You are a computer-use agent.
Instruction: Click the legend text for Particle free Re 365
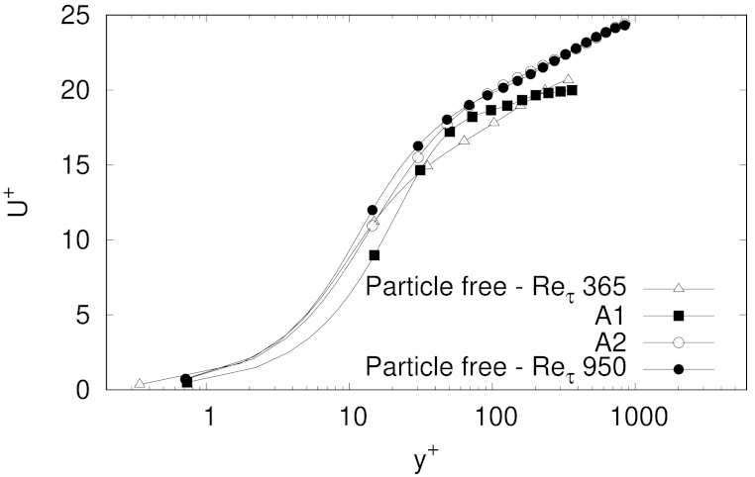497,289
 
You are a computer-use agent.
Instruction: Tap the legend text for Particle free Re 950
497,369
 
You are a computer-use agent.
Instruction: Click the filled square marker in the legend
679,316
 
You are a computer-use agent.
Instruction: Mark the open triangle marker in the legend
679,288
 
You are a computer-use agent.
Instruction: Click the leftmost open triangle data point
140,384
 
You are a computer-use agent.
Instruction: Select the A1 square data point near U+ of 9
375,255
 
